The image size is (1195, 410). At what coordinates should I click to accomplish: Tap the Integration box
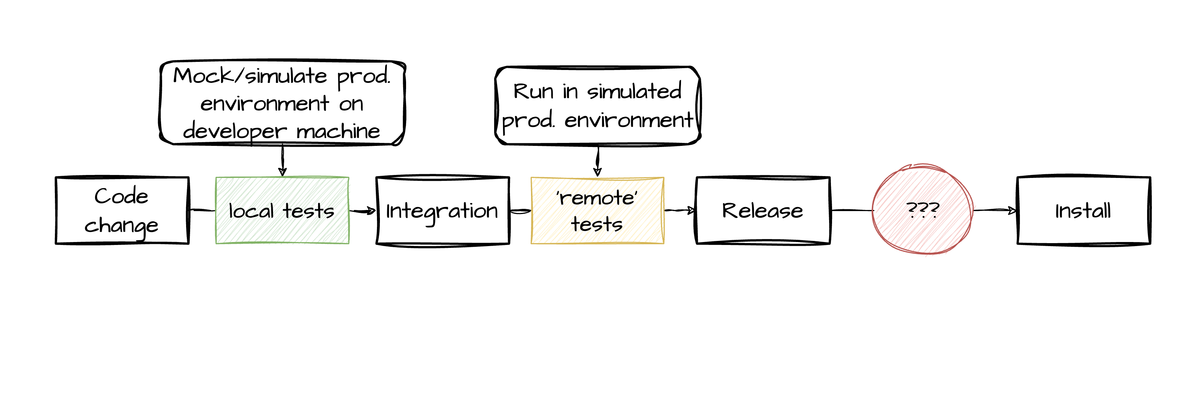(443, 211)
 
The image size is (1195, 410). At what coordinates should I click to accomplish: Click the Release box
(763, 211)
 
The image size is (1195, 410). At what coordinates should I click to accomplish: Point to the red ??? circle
(922, 210)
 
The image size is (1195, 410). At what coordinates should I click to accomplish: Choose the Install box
(1083, 211)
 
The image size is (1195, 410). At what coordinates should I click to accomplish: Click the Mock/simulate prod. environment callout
(282, 103)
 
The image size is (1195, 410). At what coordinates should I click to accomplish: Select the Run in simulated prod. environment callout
(598, 106)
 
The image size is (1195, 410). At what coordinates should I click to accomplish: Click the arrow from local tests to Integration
(362, 211)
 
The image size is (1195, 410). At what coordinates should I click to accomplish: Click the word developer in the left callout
(235, 131)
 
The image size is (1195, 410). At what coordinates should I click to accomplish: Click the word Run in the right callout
(533, 91)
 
